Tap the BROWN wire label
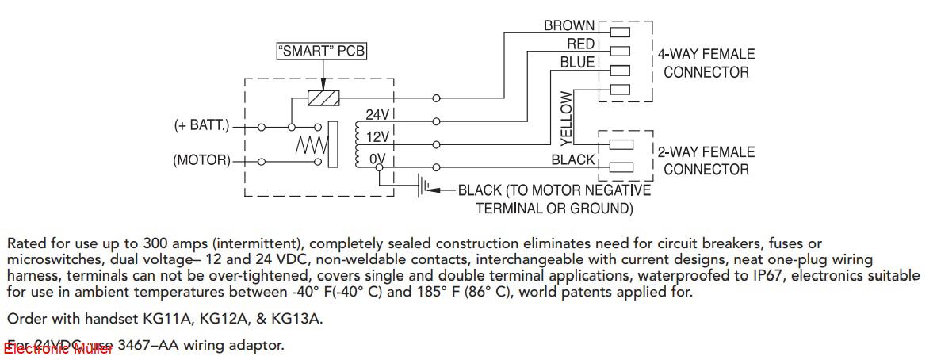[x=569, y=26]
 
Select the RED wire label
[x=580, y=44]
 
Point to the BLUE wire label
[x=577, y=62]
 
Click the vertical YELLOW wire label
[x=566, y=118]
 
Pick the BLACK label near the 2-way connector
[x=573, y=160]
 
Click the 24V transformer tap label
[x=377, y=115]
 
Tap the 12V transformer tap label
[x=377, y=137]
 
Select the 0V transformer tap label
[x=377, y=159]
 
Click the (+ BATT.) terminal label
[x=201, y=125]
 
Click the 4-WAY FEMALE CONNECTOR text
[x=706, y=63]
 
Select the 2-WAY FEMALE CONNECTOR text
[x=706, y=160]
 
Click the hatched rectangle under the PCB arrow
[x=323, y=99]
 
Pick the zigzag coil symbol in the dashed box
[x=312, y=144]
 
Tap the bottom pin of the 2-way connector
[x=621, y=167]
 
